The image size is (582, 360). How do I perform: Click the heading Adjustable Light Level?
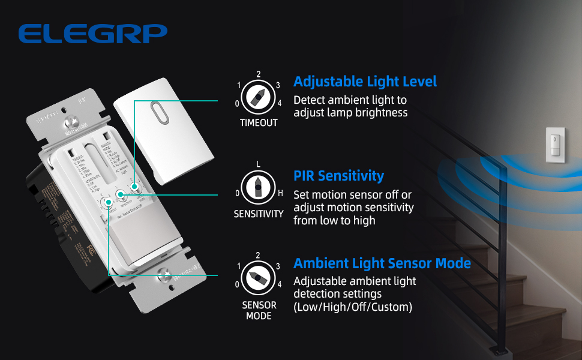click(x=365, y=82)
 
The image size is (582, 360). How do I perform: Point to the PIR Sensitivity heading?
click(x=338, y=176)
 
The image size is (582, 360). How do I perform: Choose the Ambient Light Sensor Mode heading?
click(x=382, y=263)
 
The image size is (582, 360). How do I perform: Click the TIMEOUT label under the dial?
click(x=259, y=123)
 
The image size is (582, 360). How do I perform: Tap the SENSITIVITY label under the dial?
click(x=259, y=214)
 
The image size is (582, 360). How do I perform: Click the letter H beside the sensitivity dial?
click(x=280, y=193)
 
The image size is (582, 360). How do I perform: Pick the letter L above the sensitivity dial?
click(x=258, y=164)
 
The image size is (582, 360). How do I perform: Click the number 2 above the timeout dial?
click(x=258, y=74)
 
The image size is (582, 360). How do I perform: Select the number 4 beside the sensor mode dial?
click(x=279, y=284)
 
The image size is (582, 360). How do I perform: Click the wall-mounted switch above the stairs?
click(x=555, y=144)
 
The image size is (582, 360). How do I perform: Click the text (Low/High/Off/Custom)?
click(x=352, y=307)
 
